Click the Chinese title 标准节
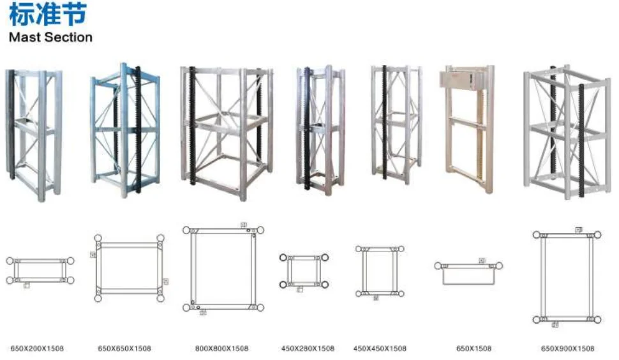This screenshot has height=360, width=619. pos(47,15)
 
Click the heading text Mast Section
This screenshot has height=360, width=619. pos(50,37)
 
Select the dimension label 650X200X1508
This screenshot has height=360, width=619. pos(37,349)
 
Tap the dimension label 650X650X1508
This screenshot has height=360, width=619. pos(124,349)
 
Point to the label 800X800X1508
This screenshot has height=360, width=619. pos(221,349)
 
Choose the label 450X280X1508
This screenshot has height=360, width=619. pos(308,349)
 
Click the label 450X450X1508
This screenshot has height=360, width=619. pos(380,349)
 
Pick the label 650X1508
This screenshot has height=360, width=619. pos(474,349)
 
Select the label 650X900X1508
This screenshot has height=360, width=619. pos(567,349)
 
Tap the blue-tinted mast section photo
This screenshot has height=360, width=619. pos(125,131)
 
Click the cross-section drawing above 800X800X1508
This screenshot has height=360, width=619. pos(223,268)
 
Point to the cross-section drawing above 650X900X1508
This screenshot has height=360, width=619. pos(567,276)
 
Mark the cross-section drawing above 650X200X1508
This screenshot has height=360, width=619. pos(40,271)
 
